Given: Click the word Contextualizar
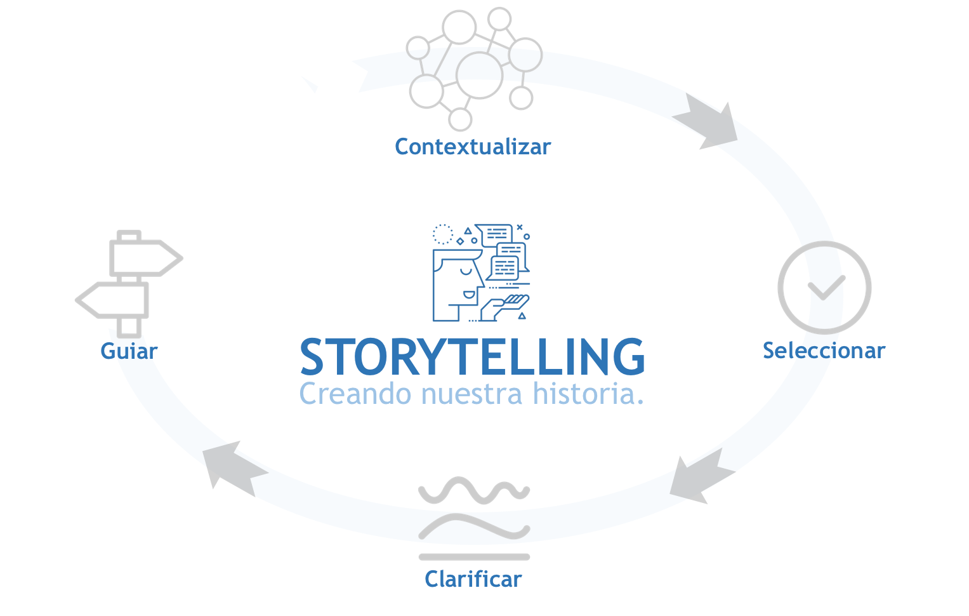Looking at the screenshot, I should (x=473, y=147).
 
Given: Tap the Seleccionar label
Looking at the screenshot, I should (x=824, y=351).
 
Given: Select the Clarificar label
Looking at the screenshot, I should (x=473, y=579).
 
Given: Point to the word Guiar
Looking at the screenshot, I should (x=129, y=351).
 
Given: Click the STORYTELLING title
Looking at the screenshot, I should (x=473, y=357).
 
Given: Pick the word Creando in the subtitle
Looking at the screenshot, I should (x=356, y=394).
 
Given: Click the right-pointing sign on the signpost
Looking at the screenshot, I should (x=146, y=258).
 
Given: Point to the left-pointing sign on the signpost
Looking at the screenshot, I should (x=113, y=300).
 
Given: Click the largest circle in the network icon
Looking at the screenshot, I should (x=479, y=75).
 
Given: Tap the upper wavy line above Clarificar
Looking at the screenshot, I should (x=474, y=491).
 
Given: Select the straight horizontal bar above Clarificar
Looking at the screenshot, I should (x=474, y=557).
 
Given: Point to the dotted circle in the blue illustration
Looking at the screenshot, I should (x=442, y=234).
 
